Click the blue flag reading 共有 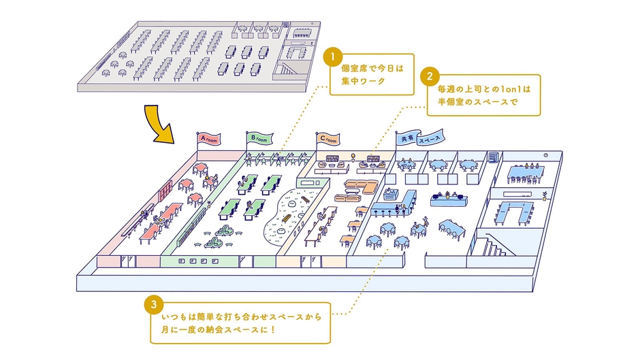(407, 139)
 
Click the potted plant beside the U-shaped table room (544, 197)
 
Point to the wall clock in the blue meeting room (545, 165)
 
